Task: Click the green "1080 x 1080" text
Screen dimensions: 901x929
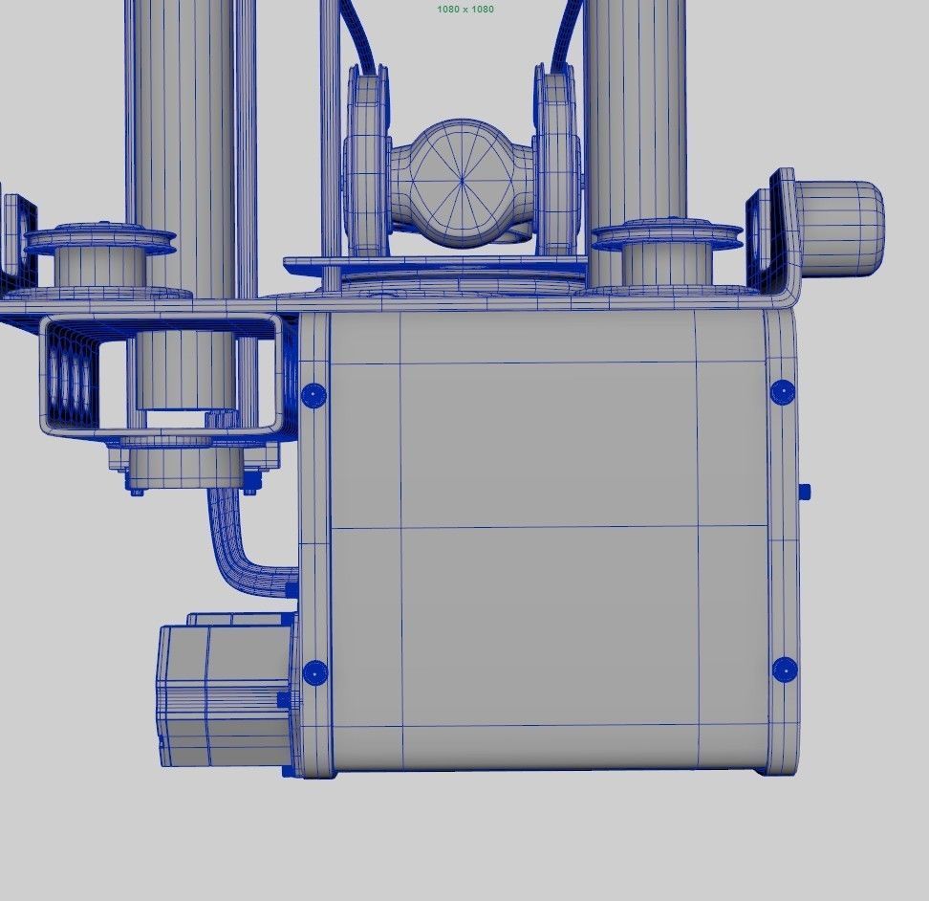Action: (x=465, y=9)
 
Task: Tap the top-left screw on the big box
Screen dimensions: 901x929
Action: (x=313, y=394)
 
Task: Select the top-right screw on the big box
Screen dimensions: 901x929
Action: (x=782, y=391)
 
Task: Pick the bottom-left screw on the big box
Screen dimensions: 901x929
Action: (x=314, y=672)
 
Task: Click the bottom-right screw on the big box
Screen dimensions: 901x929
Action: (x=784, y=670)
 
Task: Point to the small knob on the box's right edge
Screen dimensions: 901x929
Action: (x=805, y=492)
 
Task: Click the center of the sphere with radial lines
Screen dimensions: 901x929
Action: (x=463, y=179)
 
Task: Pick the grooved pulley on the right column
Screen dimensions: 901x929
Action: (x=666, y=236)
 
